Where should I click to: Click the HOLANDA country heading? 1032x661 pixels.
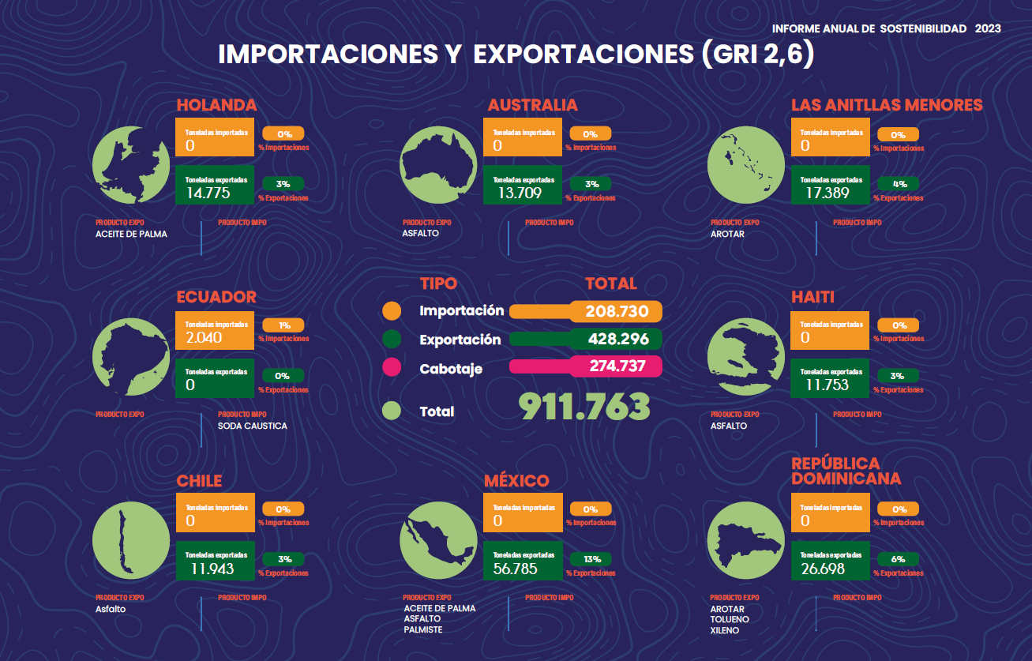click(x=216, y=105)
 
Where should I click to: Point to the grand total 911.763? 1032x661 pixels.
click(x=584, y=406)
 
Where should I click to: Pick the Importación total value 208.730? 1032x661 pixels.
click(x=617, y=311)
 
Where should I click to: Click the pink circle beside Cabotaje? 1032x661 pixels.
click(x=391, y=369)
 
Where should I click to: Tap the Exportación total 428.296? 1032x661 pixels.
click(x=618, y=340)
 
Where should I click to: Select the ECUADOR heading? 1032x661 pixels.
click(x=216, y=297)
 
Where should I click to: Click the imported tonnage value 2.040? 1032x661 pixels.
click(x=204, y=337)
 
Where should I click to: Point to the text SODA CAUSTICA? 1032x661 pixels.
click(x=253, y=426)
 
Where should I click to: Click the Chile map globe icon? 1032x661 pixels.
click(x=130, y=541)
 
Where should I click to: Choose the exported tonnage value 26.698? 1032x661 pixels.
click(x=823, y=569)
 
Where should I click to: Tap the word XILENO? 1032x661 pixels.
click(x=725, y=630)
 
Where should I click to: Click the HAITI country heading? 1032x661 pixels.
click(x=812, y=297)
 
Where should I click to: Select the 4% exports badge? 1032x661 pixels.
click(x=899, y=184)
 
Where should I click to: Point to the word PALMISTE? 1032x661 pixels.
click(x=422, y=629)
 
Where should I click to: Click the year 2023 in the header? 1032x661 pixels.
click(x=988, y=28)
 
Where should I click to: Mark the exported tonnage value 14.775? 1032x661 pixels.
click(x=208, y=192)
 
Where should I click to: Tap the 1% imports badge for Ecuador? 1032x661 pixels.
click(x=284, y=325)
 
